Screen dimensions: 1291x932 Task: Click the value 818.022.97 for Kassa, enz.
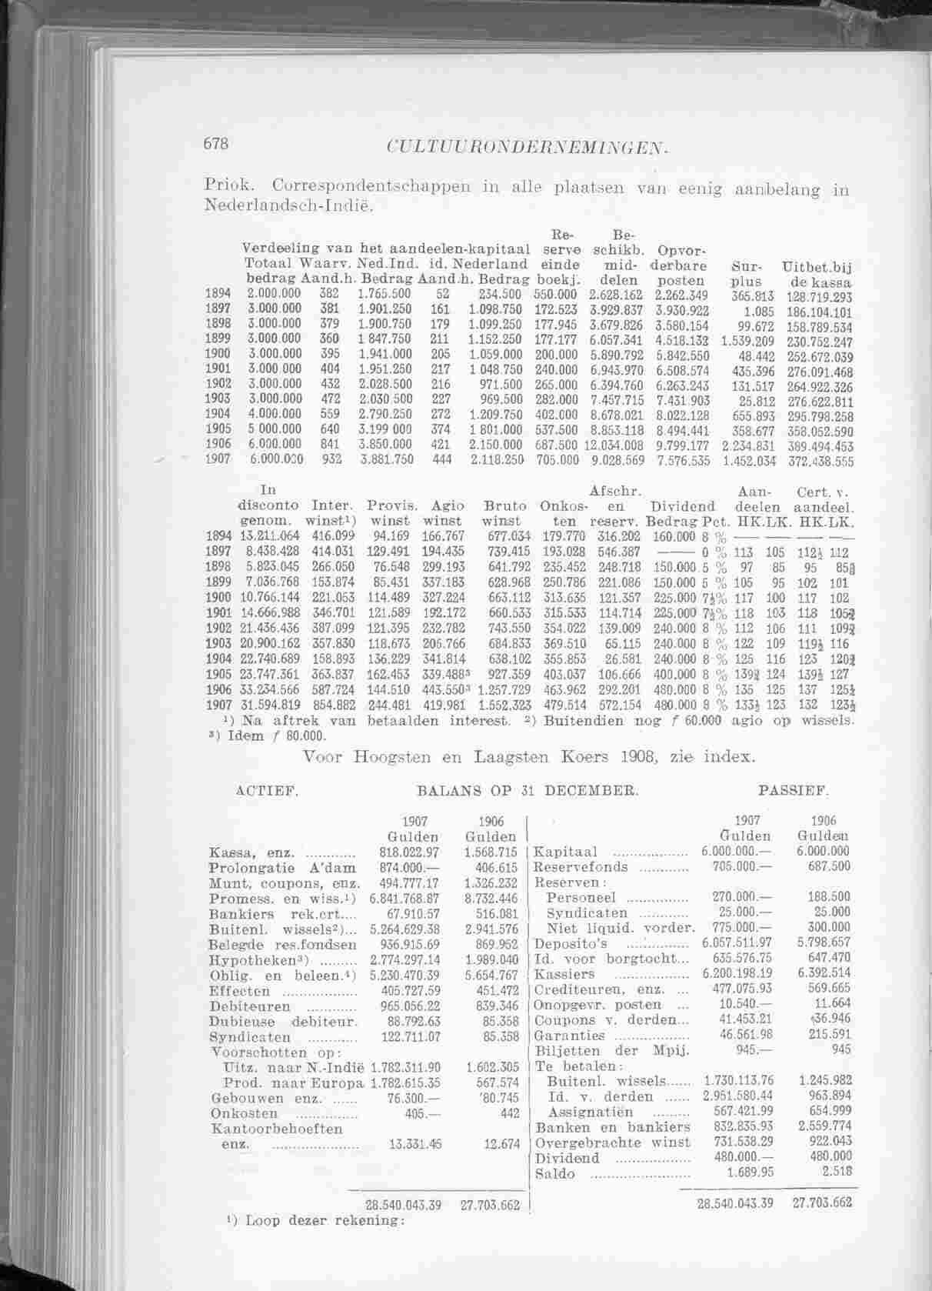point(409,852)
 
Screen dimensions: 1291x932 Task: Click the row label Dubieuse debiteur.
point(283,1021)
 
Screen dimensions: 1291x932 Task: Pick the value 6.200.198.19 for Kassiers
point(737,974)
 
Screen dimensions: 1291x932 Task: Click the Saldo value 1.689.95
point(750,1173)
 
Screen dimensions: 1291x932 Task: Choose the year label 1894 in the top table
point(218,294)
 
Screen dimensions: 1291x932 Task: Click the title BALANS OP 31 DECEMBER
point(527,789)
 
